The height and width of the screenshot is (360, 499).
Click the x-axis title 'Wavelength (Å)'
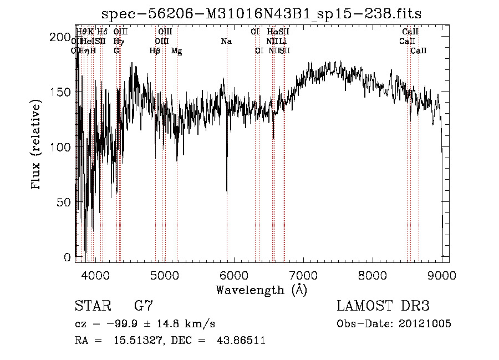tap(261, 290)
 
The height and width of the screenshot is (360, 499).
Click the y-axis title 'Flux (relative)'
tap(37, 145)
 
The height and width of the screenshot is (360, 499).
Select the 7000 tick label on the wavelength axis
tap(303, 274)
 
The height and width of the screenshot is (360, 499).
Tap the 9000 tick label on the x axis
tap(441, 274)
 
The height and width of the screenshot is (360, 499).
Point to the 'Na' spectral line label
tap(226, 42)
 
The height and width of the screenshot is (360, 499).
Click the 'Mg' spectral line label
tap(176, 51)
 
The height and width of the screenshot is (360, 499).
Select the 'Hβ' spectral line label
tap(155, 51)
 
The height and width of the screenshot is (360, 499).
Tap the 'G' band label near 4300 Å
tap(116, 50)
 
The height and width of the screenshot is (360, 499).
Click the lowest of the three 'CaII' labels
tap(419, 51)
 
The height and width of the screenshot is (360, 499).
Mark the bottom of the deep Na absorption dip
tap(227, 191)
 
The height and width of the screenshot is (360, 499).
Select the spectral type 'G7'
tap(144, 306)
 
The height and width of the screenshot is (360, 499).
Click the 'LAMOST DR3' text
tap(383, 306)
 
